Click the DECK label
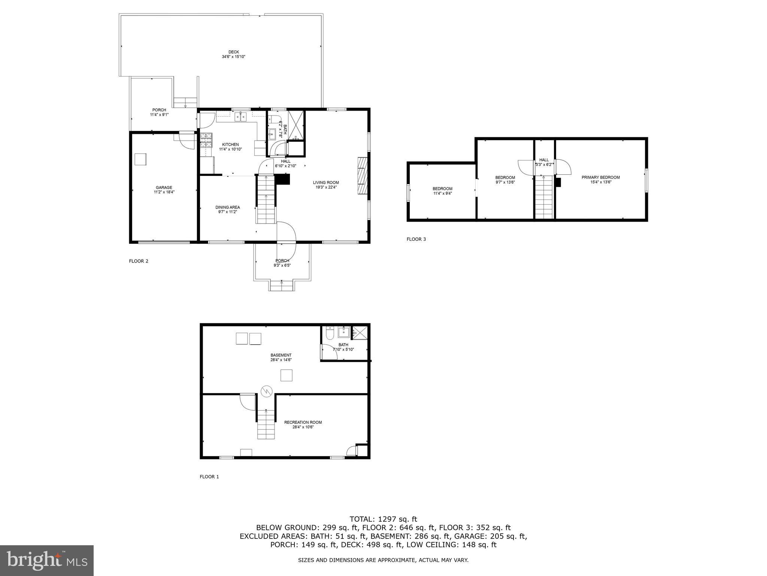pyautogui.click(x=233, y=52)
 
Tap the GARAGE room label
pyautogui.click(x=164, y=187)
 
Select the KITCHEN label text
pyautogui.click(x=230, y=144)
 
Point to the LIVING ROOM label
pyautogui.click(x=326, y=183)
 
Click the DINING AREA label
pyautogui.click(x=227, y=207)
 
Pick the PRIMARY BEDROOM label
pyautogui.click(x=600, y=177)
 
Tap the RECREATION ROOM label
pyautogui.click(x=303, y=422)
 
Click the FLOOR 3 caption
pyautogui.click(x=416, y=239)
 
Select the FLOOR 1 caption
pyautogui.click(x=209, y=477)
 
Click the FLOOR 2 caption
pyautogui.click(x=139, y=261)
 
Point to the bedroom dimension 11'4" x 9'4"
pyautogui.click(x=442, y=193)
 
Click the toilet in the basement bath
pyautogui.click(x=330, y=333)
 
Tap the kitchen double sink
pyautogui.click(x=240, y=117)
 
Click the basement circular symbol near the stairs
pyautogui.click(x=266, y=391)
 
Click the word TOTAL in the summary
pyautogui.click(x=362, y=519)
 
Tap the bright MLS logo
pyautogui.click(x=47, y=561)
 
